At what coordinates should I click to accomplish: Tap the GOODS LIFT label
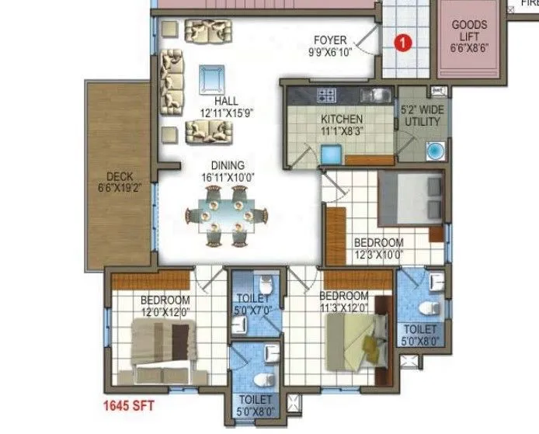[469, 35]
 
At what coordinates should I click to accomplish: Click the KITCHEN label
[341, 125]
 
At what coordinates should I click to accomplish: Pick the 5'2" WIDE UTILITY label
[422, 115]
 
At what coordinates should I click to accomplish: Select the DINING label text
[227, 172]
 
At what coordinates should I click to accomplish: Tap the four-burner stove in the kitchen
[325, 95]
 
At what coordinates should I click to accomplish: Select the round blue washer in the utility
[433, 151]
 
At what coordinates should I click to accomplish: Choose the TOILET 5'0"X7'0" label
[253, 304]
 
